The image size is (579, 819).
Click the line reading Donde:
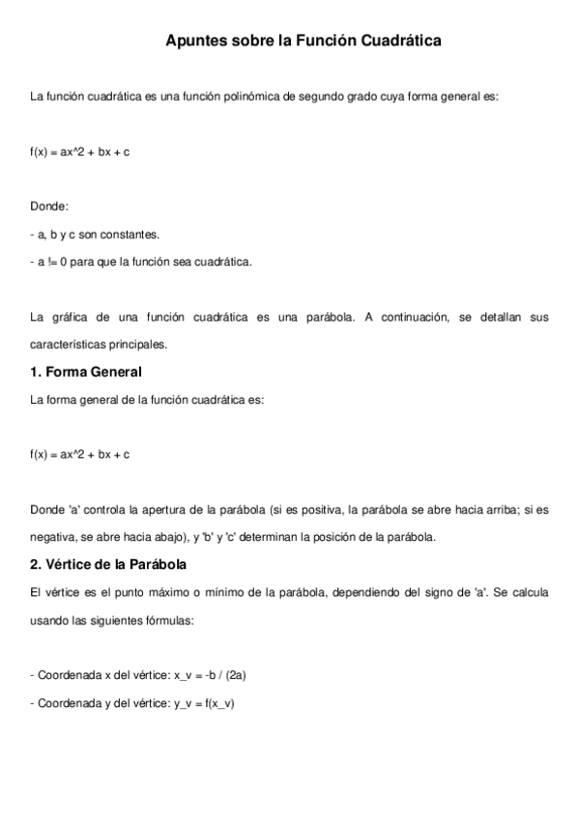coord(49,206)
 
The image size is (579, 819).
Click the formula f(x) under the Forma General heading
coord(79,454)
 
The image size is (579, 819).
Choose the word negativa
coord(53,536)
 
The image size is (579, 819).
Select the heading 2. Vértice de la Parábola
coord(108,564)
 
